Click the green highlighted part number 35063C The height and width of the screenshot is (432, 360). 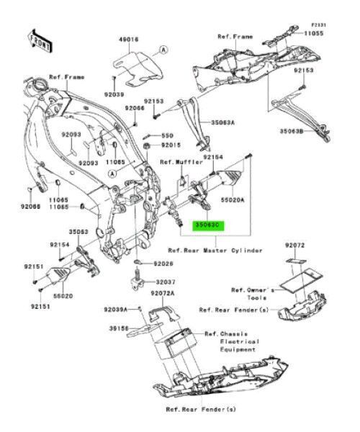point(207,225)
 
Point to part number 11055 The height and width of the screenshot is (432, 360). point(314,33)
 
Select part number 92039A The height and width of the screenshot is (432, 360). point(115,310)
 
